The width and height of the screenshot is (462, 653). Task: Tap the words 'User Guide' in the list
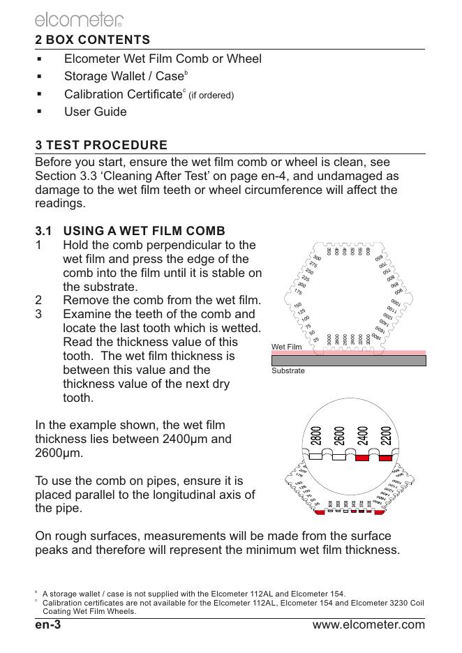pyautogui.click(x=96, y=112)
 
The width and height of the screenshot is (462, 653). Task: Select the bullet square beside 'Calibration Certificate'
pyautogui.click(x=41, y=93)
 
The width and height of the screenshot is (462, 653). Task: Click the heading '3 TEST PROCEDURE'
pyautogui.click(x=101, y=146)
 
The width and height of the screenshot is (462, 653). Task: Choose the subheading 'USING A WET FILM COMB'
pyautogui.click(x=144, y=231)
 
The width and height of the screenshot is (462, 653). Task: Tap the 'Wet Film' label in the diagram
pyautogui.click(x=286, y=347)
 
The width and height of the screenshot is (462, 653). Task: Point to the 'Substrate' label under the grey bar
pyautogui.click(x=288, y=370)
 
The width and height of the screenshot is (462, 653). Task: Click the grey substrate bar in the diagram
pyautogui.click(x=348, y=360)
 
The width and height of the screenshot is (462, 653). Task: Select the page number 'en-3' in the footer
pyautogui.click(x=49, y=624)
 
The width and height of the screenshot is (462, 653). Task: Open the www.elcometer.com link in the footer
pyautogui.click(x=368, y=624)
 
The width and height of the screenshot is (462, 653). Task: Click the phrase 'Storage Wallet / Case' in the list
pyautogui.click(x=123, y=76)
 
